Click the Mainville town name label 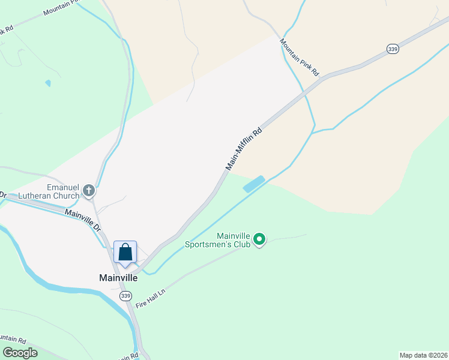[118, 278]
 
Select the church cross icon [89, 191]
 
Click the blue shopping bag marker [125, 252]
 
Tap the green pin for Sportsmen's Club [259, 240]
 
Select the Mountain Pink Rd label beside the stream [299, 56]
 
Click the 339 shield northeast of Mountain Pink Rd [393, 49]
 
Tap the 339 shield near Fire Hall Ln [125, 296]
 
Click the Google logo [20, 353]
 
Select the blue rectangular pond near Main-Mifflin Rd [253, 184]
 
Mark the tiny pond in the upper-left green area [48, 83]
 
